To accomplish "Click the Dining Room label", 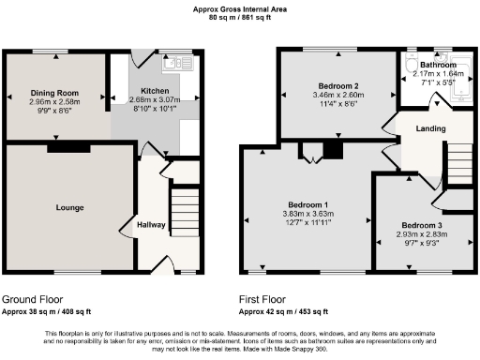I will point(53,93).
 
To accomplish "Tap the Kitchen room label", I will point(142,92).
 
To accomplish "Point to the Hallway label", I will point(151,225).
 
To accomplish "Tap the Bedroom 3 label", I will point(420,225).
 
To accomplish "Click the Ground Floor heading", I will point(33,298).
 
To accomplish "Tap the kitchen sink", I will point(175,64).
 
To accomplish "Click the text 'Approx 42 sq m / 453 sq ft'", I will point(283,310).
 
